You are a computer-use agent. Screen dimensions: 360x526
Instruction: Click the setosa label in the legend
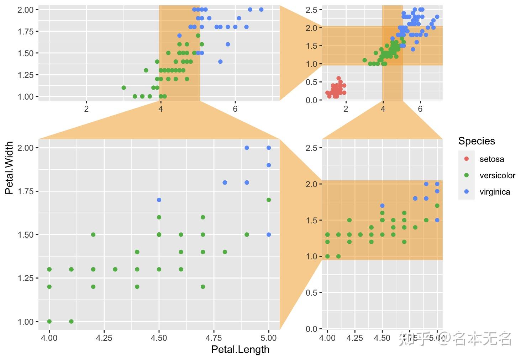(491, 159)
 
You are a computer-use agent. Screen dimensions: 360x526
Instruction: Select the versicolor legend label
(497, 175)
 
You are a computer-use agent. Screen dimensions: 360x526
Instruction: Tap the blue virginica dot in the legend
(467, 192)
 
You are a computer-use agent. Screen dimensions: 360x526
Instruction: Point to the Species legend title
(476, 141)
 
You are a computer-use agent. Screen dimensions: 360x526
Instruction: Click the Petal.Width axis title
(9, 168)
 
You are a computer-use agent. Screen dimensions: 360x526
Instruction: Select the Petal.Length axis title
(240, 349)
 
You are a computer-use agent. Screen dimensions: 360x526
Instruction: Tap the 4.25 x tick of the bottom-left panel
(104, 338)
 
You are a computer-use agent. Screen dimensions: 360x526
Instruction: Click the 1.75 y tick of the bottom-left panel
(25, 191)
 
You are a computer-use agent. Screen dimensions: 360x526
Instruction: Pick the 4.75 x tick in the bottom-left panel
(214, 338)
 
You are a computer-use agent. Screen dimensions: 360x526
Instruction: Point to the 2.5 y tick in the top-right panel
(311, 10)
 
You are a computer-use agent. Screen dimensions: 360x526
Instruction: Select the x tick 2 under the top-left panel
(86, 108)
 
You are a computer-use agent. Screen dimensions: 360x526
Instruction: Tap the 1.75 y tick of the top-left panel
(25, 32)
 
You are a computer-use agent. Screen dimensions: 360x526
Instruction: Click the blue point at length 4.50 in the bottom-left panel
(159, 200)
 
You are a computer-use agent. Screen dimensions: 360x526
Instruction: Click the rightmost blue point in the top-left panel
(261, 10)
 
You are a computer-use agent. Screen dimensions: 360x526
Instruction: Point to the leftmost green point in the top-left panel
(123, 88)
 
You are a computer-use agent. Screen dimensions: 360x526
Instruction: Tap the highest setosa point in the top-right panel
(338, 78)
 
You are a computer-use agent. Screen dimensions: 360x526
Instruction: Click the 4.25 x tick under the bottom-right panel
(354, 338)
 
